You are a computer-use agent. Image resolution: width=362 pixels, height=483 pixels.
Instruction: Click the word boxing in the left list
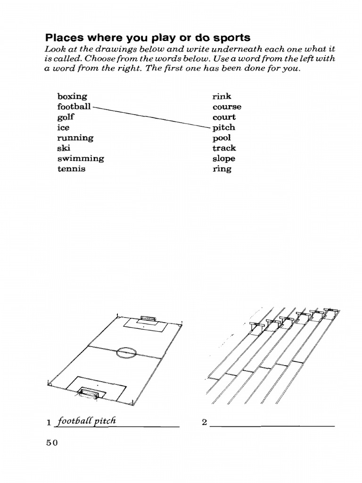click(x=72, y=97)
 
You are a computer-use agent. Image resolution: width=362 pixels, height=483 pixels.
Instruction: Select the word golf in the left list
click(x=66, y=117)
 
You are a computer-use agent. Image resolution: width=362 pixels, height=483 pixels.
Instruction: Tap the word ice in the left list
click(x=63, y=127)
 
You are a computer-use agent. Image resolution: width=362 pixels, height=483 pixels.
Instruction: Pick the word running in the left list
click(x=75, y=138)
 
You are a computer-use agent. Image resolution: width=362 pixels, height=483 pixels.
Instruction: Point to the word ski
click(x=63, y=148)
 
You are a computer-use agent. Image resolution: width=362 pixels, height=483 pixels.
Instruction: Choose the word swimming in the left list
click(x=81, y=158)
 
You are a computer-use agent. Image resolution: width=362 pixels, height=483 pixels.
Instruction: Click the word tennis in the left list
click(x=72, y=169)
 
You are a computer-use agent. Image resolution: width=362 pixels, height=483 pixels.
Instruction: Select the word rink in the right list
click(x=222, y=97)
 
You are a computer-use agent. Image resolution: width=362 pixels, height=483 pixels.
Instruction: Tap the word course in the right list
click(x=227, y=107)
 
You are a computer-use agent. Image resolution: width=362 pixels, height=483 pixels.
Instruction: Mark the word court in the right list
click(x=224, y=117)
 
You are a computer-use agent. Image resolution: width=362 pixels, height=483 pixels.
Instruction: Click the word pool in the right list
click(x=222, y=138)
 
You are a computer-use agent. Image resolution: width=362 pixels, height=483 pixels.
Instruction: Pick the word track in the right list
click(x=224, y=148)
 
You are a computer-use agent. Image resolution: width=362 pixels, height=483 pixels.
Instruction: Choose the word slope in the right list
click(x=224, y=159)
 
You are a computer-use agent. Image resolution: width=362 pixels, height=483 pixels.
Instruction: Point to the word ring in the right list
click(x=222, y=169)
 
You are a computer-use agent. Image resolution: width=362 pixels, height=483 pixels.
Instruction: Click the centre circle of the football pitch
click(x=126, y=351)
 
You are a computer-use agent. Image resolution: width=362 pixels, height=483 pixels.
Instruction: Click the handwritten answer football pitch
click(x=85, y=421)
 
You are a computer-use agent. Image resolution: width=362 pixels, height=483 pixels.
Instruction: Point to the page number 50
click(x=51, y=443)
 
